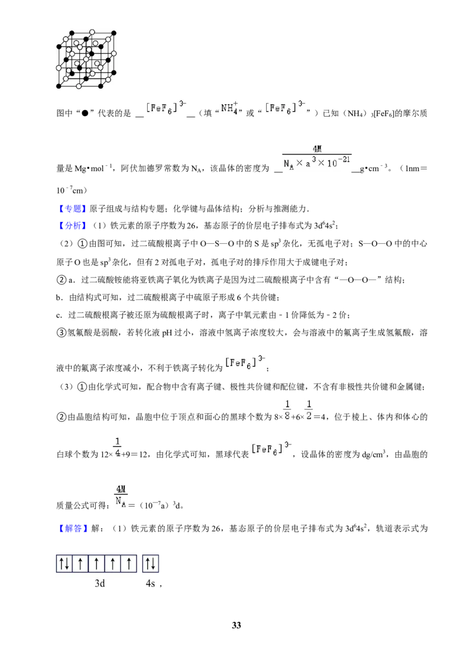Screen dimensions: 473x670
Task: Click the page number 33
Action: pos(237,625)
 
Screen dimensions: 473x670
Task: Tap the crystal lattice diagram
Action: pos(86,59)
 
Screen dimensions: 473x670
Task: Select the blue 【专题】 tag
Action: pos(72,208)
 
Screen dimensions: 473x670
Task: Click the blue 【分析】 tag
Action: pos(72,226)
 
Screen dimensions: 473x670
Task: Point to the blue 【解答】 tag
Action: pos(72,529)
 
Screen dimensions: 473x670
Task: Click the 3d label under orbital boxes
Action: pos(99,583)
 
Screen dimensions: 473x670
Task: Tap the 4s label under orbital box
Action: pos(150,583)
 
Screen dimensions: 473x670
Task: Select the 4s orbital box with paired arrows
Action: pos(150,563)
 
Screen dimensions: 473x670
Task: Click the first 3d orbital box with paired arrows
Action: pos(64,563)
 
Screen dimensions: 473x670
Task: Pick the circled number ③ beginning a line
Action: pos(61,333)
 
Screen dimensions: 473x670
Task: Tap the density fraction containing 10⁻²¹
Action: pos(317,157)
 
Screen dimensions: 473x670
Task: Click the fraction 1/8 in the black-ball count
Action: pos(287,410)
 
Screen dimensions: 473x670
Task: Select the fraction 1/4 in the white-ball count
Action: pos(118,447)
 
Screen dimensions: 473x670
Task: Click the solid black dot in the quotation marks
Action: pos(85,113)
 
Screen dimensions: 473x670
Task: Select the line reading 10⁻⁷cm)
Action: pos(72,190)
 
